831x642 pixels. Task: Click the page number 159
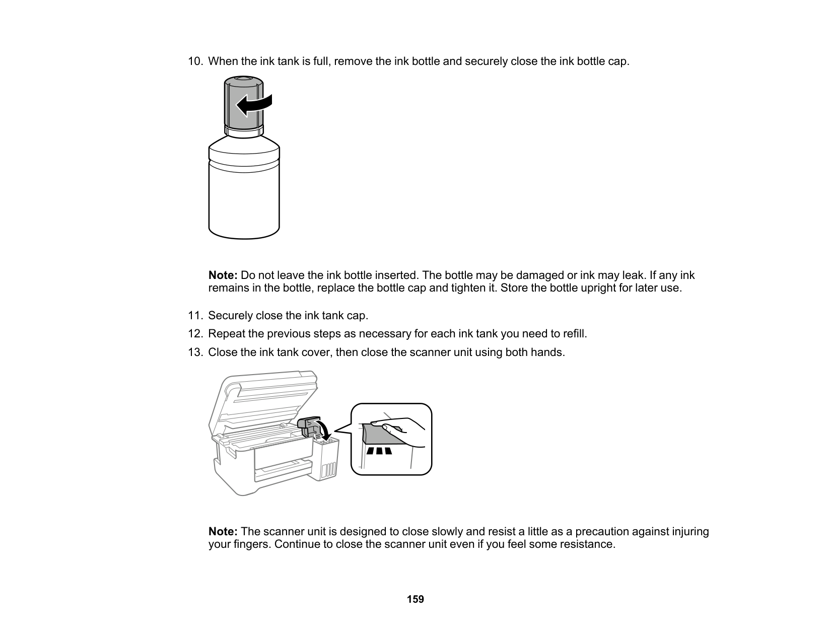(415, 599)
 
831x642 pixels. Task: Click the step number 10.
(195, 61)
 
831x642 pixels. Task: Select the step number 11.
(195, 316)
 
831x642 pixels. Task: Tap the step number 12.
(195, 334)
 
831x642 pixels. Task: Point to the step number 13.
(195, 352)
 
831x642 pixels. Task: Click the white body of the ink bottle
(244, 201)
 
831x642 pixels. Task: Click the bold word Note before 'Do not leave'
(223, 275)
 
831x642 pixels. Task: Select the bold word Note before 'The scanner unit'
(223, 532)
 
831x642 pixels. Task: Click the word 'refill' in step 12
(575, 334)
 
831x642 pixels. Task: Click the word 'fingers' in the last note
(247, 545)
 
